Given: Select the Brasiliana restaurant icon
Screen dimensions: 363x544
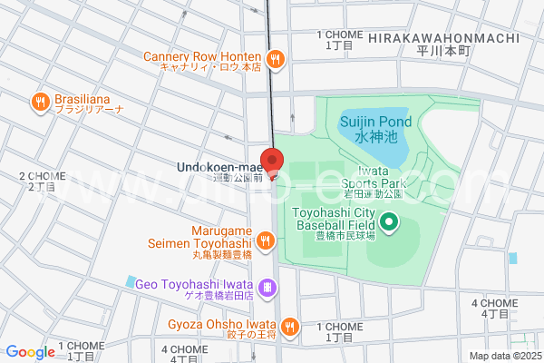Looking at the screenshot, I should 40,103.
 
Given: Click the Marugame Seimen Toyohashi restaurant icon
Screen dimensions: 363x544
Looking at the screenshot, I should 265,240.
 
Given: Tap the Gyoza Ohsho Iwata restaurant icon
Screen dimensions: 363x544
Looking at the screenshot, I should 289,325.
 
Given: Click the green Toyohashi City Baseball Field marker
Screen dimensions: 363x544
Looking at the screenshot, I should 389,221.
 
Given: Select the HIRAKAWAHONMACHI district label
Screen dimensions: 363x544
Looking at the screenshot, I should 444,38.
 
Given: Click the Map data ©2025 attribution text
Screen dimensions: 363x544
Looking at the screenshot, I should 504,356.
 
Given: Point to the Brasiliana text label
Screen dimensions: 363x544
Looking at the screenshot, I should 90,102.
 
